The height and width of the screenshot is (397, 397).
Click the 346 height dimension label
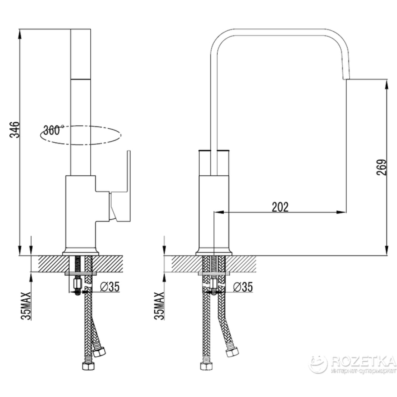tap(15, 130)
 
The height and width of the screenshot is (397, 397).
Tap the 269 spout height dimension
tap(382, 167)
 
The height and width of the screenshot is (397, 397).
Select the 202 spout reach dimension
tap(280, 207)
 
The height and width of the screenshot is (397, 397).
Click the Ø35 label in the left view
tap(110, 287)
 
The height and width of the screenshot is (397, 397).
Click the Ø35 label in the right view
tap(243, 287)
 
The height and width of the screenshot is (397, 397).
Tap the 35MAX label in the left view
tap(26, 306)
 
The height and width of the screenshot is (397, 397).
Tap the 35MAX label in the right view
tap(159, 306)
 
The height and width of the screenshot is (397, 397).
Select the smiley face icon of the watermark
tap(318, 364)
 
